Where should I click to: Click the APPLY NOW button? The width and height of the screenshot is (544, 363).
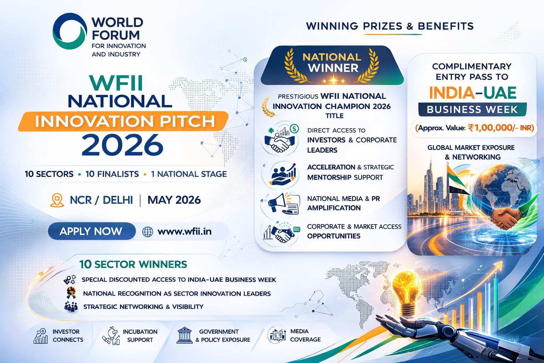[x=91, y=231]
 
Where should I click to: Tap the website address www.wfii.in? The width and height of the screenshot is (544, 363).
[x=185, y=231]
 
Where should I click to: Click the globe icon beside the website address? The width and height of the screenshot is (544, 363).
[x=148, y=232]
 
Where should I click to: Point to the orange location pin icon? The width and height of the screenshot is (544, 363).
[x=57, y=200]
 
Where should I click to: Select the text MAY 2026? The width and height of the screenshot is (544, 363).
[x=174, y=200]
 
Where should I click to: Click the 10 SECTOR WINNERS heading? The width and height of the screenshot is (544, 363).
[x=133, y=264]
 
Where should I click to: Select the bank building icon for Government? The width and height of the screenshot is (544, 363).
[x=185, y=335]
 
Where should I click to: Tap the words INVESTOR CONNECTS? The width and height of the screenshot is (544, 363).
[x=68, y=335]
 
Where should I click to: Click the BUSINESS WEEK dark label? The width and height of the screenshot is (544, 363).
[x=472, y=110]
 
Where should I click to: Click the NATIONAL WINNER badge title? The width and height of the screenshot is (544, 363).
[x=332, y=62]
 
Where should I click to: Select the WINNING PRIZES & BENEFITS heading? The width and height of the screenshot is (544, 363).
[x=390, y=26]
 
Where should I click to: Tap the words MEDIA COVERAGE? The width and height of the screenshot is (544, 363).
[x=305, y=335]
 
